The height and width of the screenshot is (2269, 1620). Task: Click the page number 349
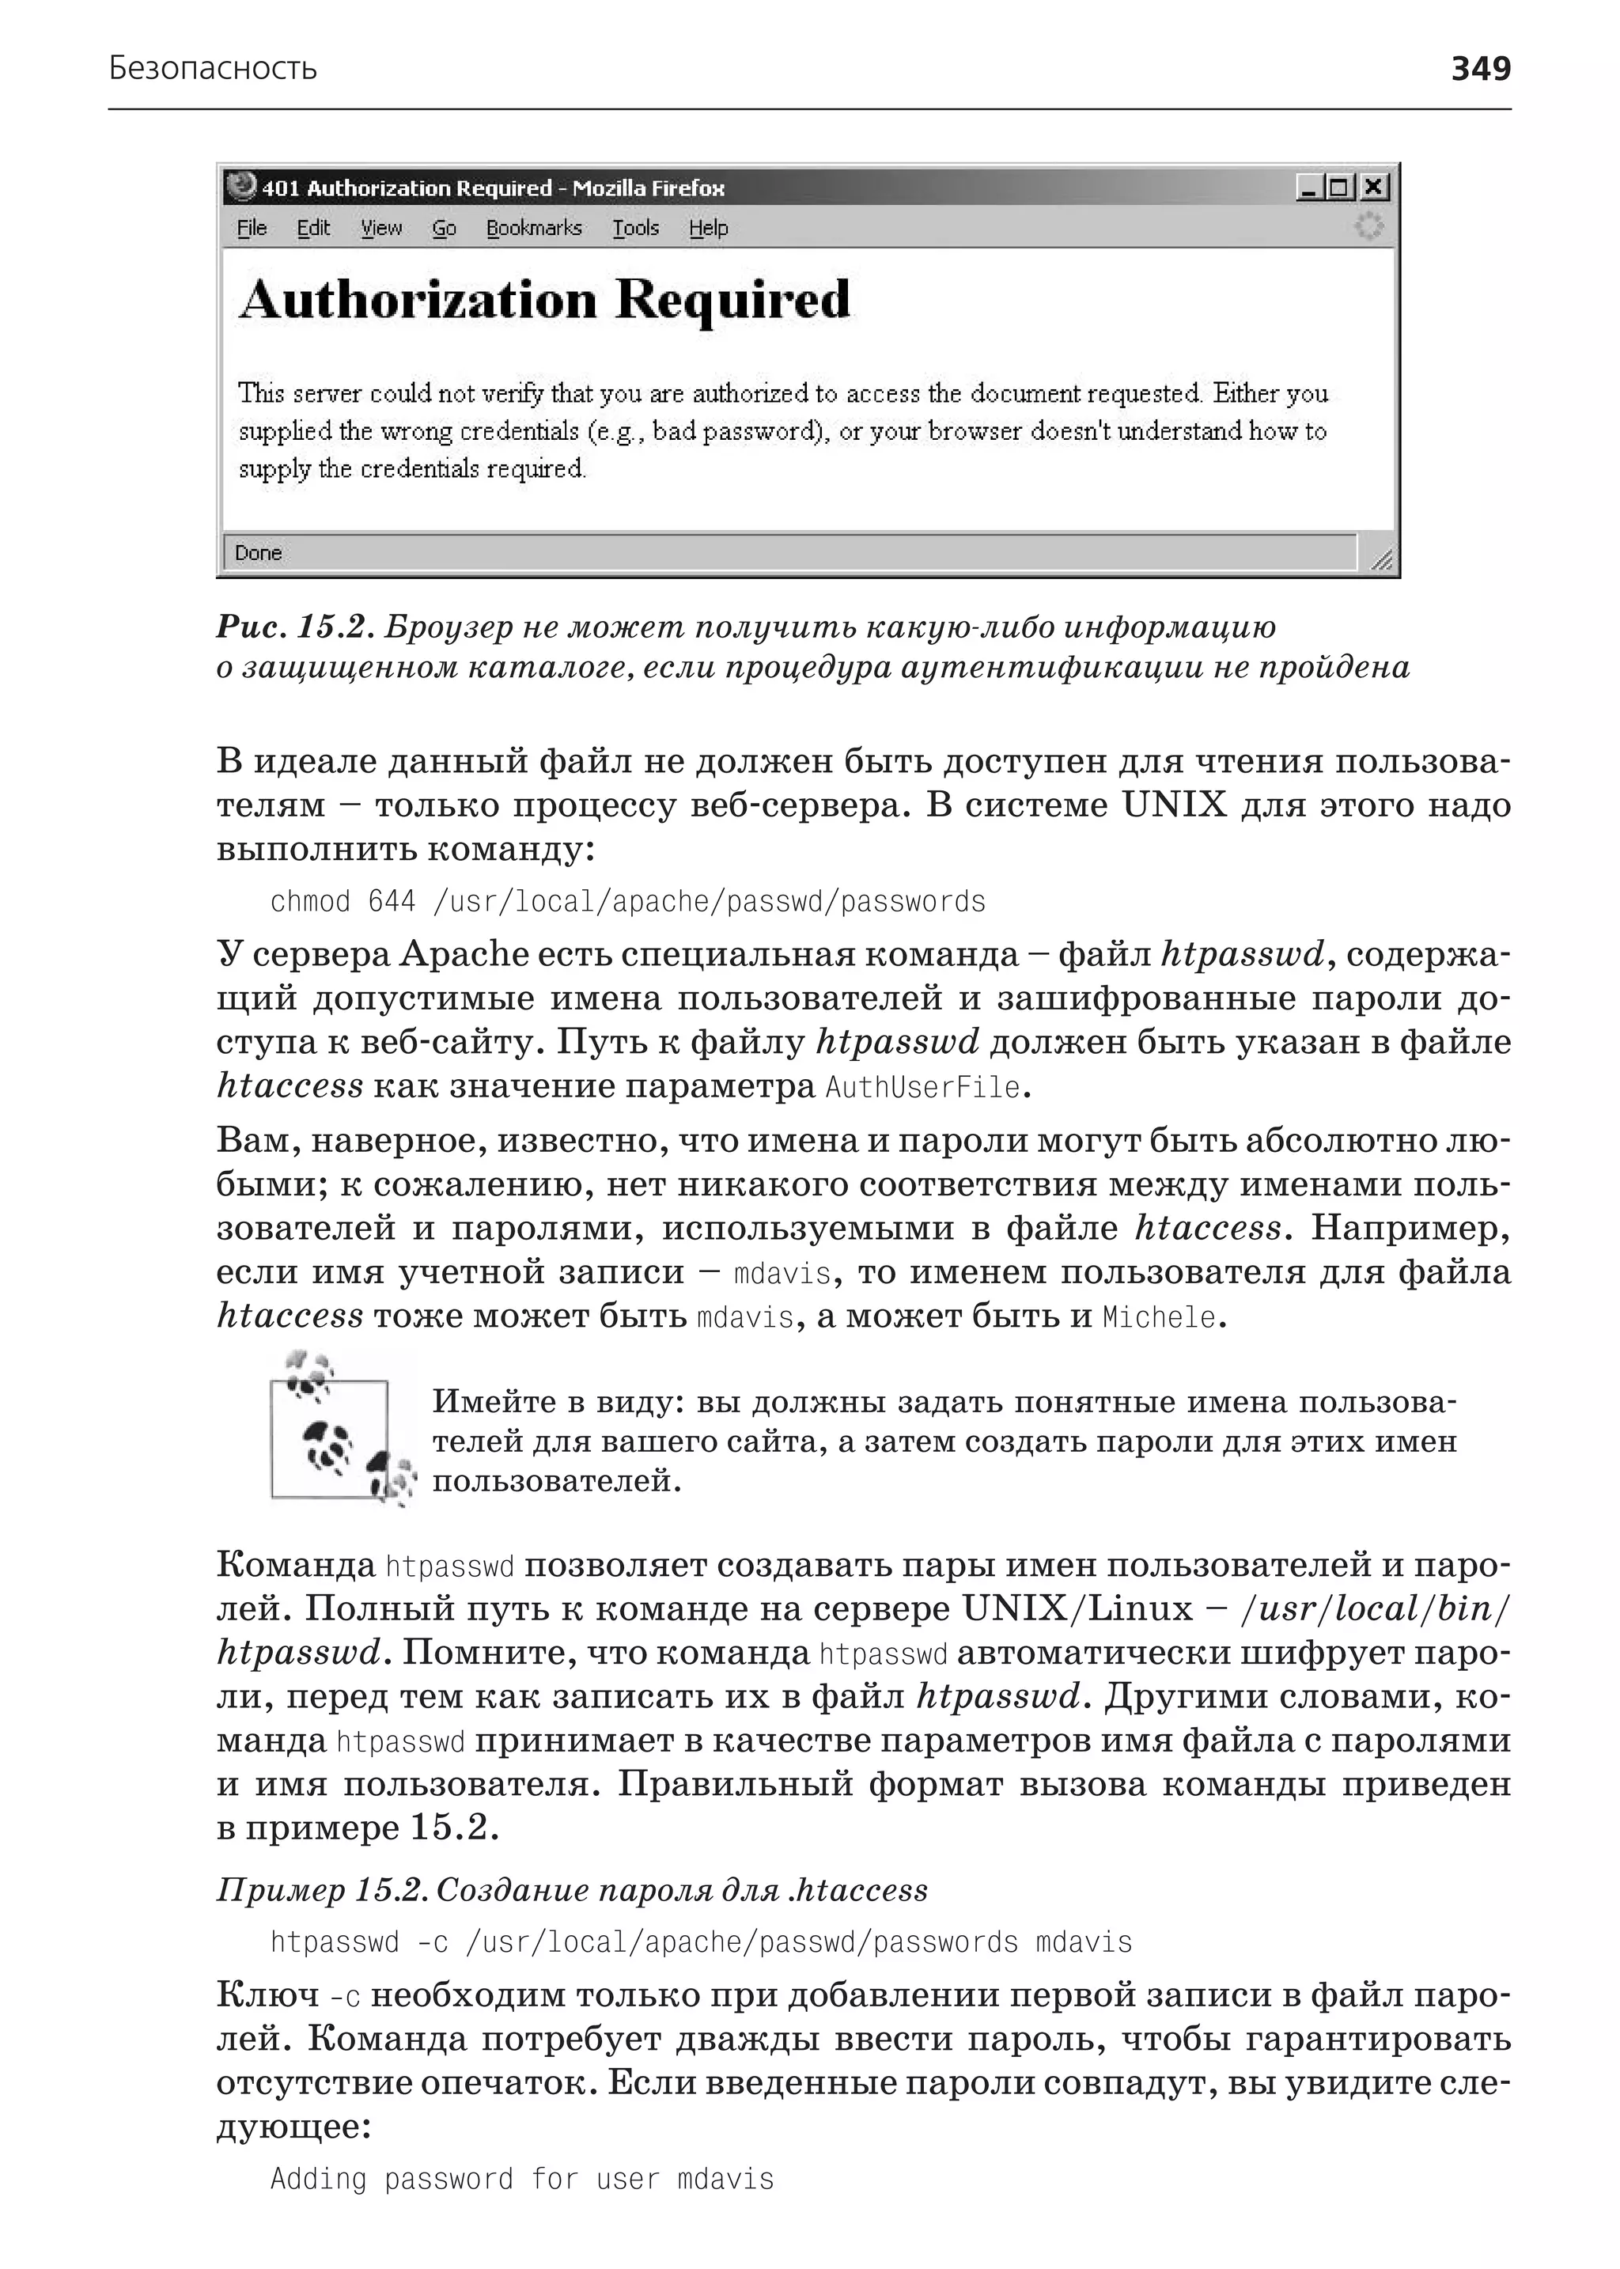(x=1480, y=69)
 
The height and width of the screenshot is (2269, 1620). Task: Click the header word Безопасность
(x=213, y=69)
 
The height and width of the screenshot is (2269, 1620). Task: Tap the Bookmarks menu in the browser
(x=534, y=229)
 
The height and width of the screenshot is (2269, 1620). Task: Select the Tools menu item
(x=635, y=229)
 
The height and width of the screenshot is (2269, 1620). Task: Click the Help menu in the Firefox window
(x=708, y=229)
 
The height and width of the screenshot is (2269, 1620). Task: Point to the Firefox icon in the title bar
(x=240, y=187)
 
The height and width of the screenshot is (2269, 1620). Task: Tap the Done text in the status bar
(x=259, y=553)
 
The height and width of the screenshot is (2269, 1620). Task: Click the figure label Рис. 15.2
(x=294, y=627)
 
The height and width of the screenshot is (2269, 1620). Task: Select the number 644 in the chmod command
(x=391, y=902)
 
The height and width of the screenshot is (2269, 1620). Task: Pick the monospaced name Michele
(x=1159, y=1317)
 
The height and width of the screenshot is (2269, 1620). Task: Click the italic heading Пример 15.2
(x=321, y=1890)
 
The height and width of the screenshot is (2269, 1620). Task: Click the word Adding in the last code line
(x=318, y=2178)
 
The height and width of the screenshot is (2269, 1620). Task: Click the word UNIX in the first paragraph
(x=1173, y=805)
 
